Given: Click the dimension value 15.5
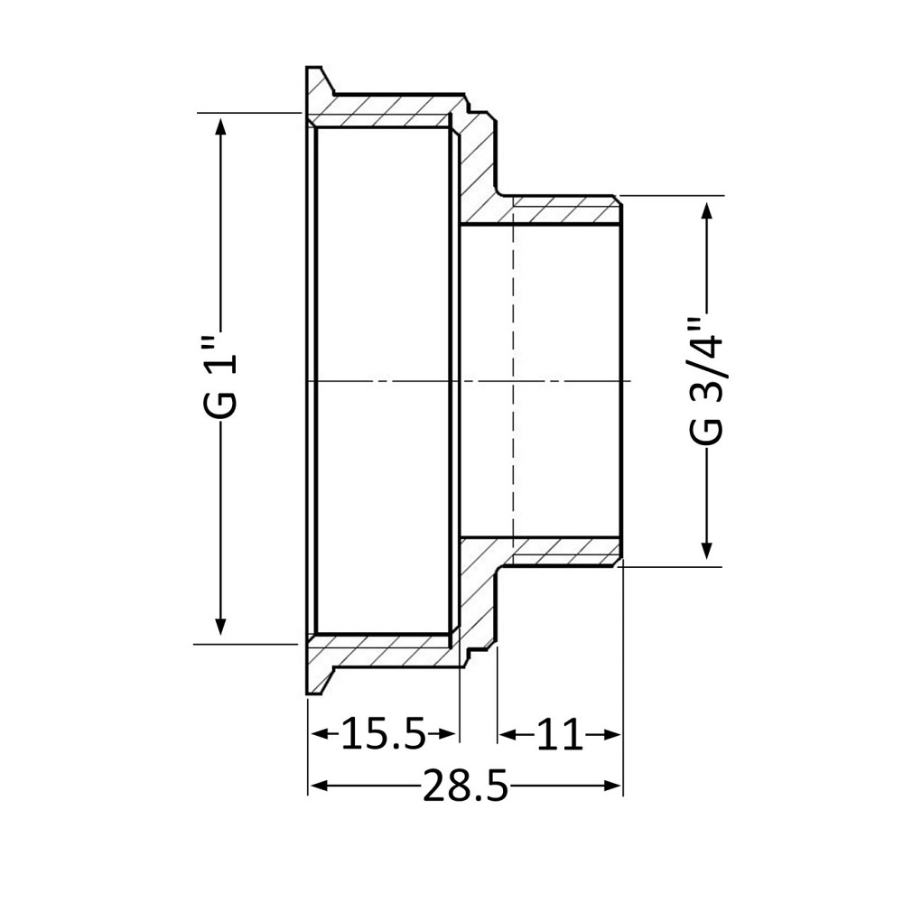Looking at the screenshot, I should (x=383, y=735).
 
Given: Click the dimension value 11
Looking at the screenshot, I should (x=560, y=735).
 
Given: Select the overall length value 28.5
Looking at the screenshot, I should (x=465, y=788).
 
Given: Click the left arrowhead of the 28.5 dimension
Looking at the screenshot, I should (x=315, y=787).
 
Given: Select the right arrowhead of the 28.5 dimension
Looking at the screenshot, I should (x=616, y=787).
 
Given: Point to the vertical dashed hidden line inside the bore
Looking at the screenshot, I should (x=513, y=379).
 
